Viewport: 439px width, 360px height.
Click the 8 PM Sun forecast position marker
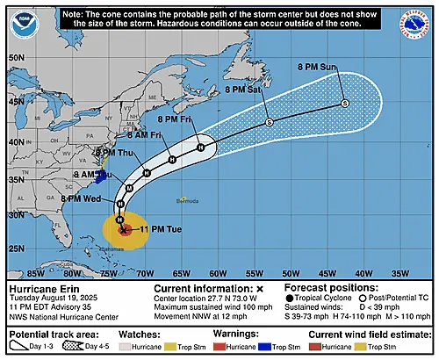tap(345, 103)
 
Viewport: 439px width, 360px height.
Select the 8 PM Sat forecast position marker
tap(270, 122)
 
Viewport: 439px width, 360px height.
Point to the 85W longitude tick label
tap(38, 271)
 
